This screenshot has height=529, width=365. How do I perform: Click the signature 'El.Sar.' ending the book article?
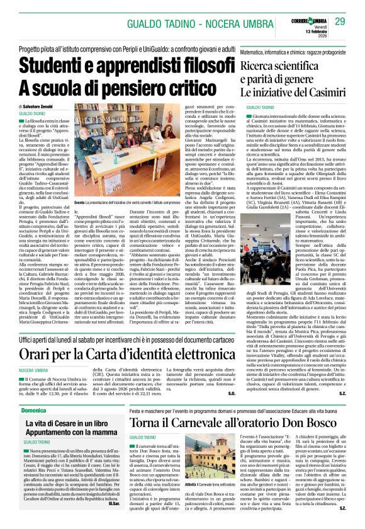tap(113, 521)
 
